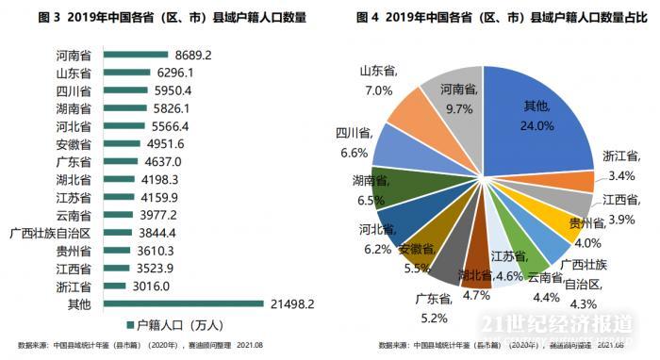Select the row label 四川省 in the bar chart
tap(74, 91)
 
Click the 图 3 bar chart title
tap(165, 17)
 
